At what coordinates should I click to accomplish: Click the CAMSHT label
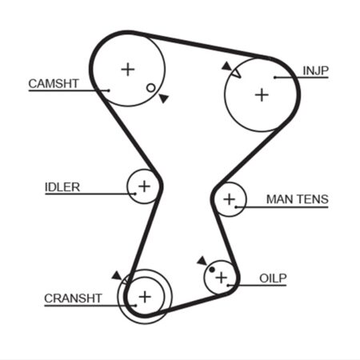point(54,84)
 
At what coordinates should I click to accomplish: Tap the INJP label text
point(315,70)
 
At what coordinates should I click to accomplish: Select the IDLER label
point(62,187)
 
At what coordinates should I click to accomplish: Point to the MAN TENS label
point(298,199)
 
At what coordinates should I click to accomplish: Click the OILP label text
point(273,278)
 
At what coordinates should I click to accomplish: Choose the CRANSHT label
point(73,298)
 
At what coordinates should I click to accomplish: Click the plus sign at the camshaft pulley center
point(128,70)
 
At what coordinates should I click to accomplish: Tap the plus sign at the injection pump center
point(262,95)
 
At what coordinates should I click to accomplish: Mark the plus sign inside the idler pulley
point(144,186)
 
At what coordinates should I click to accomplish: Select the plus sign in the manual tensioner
point(229,199)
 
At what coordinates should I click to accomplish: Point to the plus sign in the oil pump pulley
point(221,278)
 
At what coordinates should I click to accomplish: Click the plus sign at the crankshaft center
point(145,297)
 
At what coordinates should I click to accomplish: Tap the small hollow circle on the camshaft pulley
point(151,88)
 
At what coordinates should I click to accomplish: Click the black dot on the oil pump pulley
point(212,270)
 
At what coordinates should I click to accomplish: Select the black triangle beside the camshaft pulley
point(164,98)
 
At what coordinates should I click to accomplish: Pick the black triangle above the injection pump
point(226,66)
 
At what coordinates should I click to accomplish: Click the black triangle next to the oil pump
point(202,261)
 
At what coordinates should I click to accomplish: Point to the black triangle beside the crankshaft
point(117,276)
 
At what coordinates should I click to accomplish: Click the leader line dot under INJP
point(274,78)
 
